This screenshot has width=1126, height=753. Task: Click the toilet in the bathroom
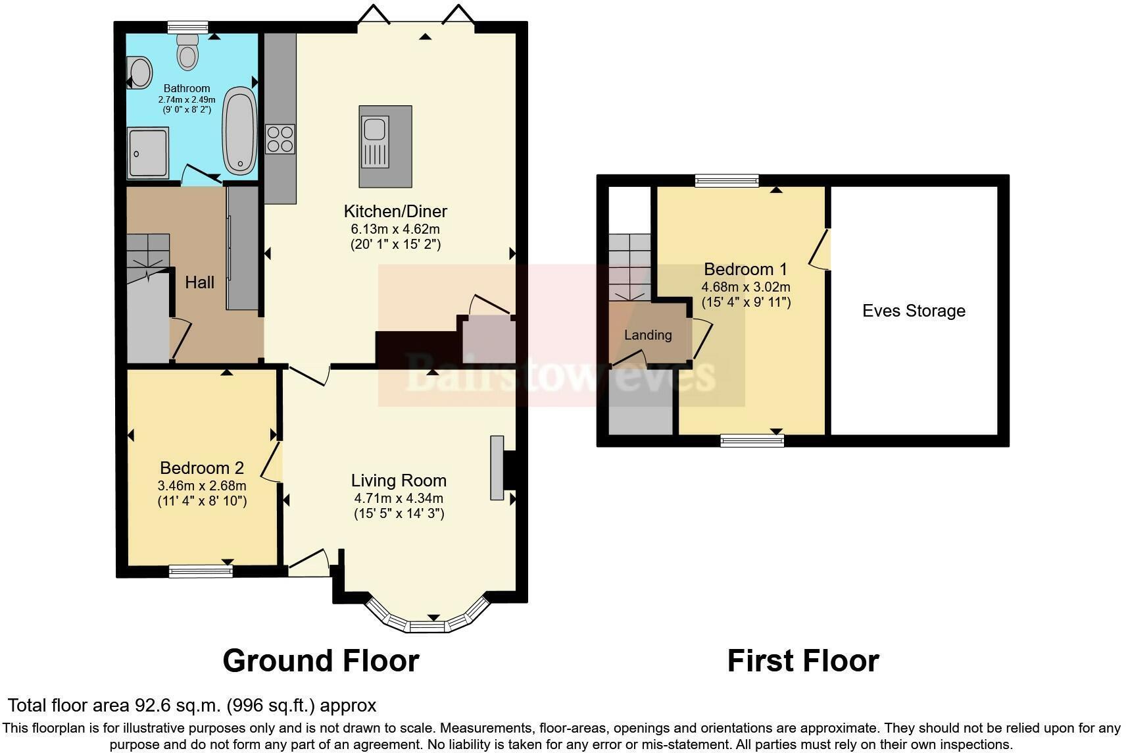pyautogui.click(x=187, y=51)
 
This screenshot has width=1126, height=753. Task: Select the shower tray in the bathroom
pyautogui.click(x=148, y=153)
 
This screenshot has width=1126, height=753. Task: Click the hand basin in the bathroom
pyautogui.click(x=139, y=72)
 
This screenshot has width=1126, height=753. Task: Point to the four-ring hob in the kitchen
pyautogui.click(x=280, y=139)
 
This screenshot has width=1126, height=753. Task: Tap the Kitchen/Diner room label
pyautogui.click(x=395, y=211)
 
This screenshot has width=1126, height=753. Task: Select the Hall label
pyautogui.click(x=199, y=282)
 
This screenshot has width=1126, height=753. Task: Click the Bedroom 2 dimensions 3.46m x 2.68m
pyautogui.click(x=202, y=486)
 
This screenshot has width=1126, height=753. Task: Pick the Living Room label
pyautogui.click(x=399, y=480)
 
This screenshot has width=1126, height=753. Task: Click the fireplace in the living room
pyautogui.click(x=497, y=468)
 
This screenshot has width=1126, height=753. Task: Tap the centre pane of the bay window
pyautogui.click(x=428, y=626)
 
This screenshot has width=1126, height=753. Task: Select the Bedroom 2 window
pyautogui.click(x=201, y=571)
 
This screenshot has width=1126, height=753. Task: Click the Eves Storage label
pyautogui.click(x=914, y=311)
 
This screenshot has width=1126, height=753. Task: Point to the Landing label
pyautogui.click(x=648, y=335)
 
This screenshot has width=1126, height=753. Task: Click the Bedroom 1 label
pyautogui.click(x=745, y=269)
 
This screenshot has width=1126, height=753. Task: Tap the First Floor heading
pyautogui.click(x=802, y=661)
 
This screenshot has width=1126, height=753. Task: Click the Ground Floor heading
pyautogui.click(x=321, y=661)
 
